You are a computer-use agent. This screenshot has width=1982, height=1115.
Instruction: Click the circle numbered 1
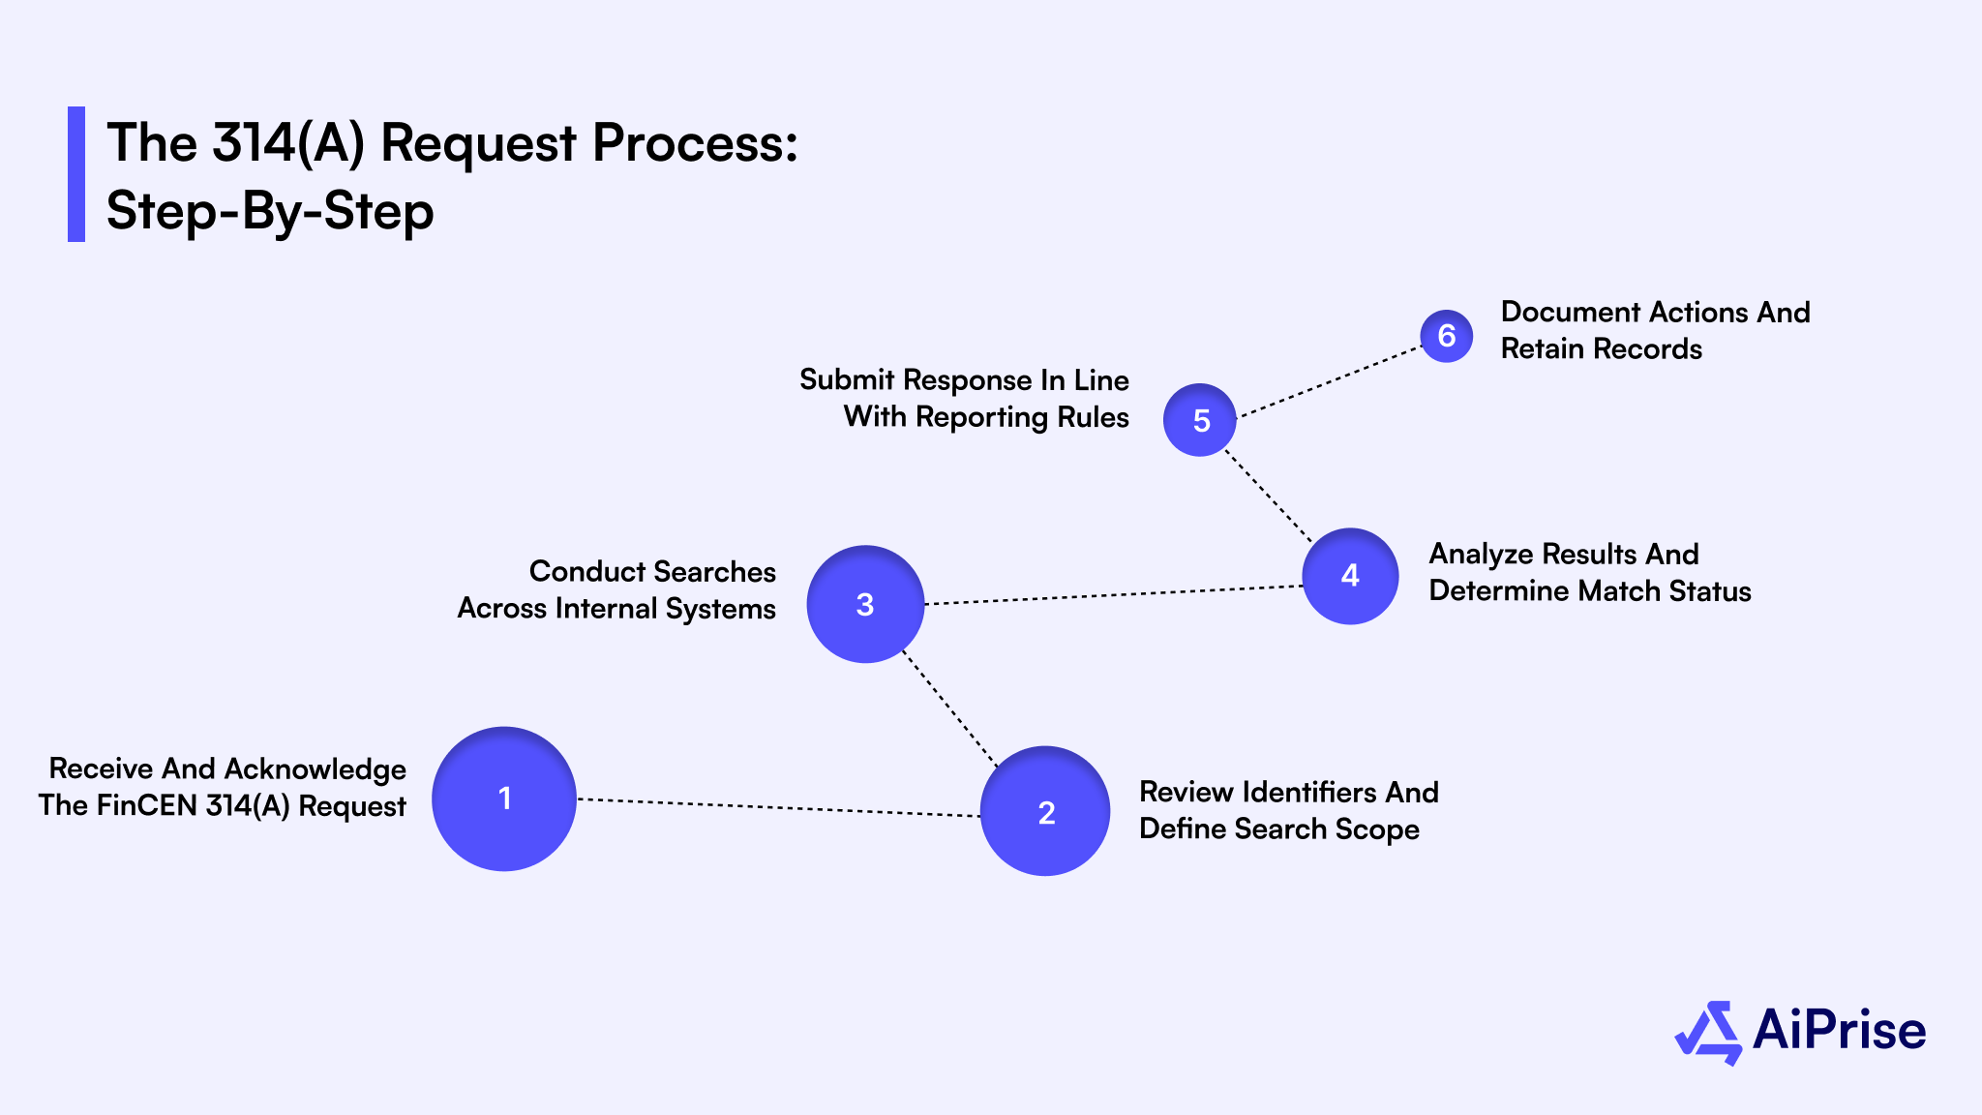pyautogui.click(x=503, y=799)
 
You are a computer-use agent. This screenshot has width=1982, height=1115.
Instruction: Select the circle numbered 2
pyautogui.click(x=1045, y=811)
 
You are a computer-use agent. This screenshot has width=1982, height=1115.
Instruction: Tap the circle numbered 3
pyautogui.click(x=865, y=604)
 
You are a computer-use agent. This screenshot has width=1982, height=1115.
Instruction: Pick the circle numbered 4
pyautogui.click(x=1350, y=576)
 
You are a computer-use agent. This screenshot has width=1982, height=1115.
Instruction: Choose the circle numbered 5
pyautogui.click(x=1200, y=420)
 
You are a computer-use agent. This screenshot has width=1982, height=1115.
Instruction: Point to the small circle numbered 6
pyautogui.click(x=1447, y=336)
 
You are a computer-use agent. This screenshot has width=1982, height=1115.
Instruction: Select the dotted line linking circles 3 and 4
pyautogui.click(x=1113, y=595)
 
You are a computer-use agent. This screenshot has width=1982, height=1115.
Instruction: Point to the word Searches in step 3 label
pyautogui.click(x=715, y=571)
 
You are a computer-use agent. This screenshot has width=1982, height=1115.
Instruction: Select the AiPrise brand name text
pyautogui.click(x=1839, y=1030)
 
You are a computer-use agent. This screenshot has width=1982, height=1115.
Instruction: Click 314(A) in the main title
pyautogui.click(x=288, y=143)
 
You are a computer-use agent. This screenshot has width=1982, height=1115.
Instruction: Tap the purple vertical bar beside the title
pyautogui.click(x=76, y=174)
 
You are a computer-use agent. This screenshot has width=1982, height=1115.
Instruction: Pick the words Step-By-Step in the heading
pyautogui.click(x=270, y=211)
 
